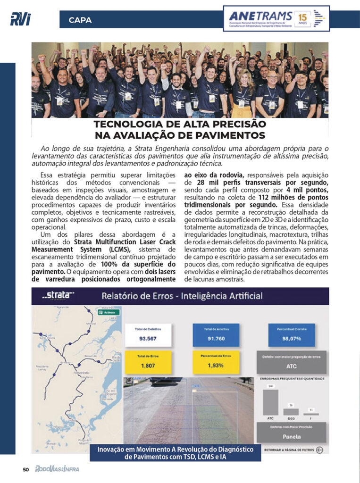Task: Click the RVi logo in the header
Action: [20, 19]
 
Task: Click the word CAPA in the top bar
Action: [80, 20]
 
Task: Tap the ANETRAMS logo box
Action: [276, 18]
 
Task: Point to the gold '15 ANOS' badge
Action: [301, 19]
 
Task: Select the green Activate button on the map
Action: [108, 312]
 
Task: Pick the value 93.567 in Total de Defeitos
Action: [148, 338]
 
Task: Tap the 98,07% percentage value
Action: [292, 338]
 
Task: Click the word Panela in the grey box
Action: [292, 436]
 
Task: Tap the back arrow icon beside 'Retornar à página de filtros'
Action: [320, 450]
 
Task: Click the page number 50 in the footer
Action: [26, 469]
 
